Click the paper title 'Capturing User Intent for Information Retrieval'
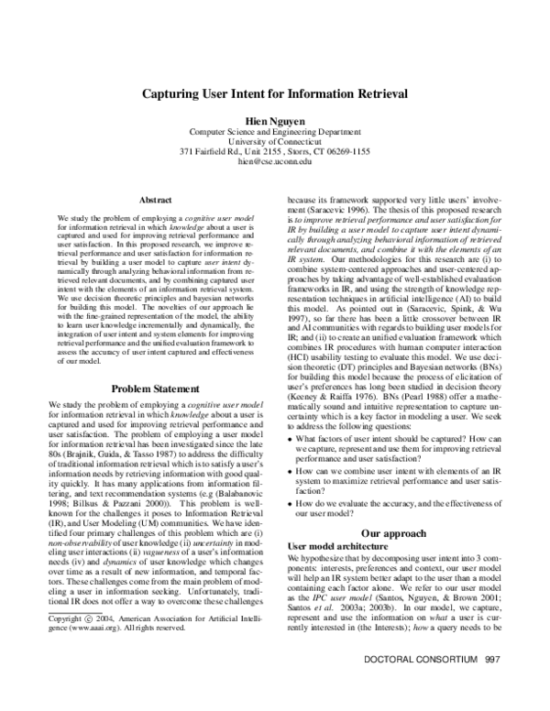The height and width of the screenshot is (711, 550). [x=275, y=94]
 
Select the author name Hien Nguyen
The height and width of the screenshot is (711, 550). [x=275, y=120]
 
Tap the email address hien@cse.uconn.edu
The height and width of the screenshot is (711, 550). [x=275, y=160]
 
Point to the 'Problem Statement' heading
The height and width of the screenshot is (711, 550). [x=154, y=413]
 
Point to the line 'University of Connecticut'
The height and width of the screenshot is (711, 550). [x=275, y=140]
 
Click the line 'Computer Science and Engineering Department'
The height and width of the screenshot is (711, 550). [x=275, y=130]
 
